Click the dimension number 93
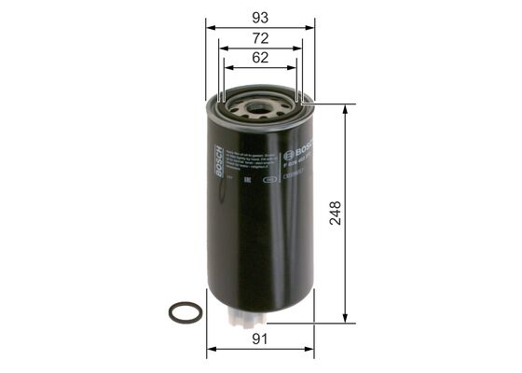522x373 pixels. tap(259, 16)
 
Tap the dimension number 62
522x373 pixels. tap(259, 58)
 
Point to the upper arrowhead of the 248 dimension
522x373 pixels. tap(347, 107)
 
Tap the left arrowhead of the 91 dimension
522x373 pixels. tap(209, 351)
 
